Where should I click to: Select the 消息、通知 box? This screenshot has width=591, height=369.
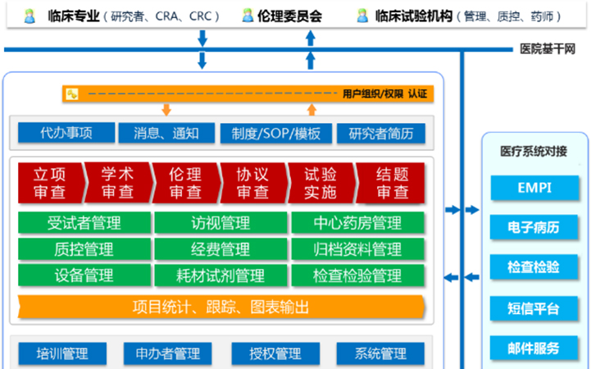(x=166, y=133)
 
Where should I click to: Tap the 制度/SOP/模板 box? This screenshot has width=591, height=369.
(x=275, y=133)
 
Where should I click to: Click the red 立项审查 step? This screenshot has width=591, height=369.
(x=50, y=183)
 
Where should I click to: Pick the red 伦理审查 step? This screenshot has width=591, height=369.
(x=184, y=183)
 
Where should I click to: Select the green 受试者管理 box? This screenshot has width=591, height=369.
(x=84, y=223)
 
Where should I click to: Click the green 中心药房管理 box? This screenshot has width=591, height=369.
(x=357, y=223)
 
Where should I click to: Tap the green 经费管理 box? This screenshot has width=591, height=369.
(x=220, y=249)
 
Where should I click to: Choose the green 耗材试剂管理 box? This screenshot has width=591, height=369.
(x=220, y=276)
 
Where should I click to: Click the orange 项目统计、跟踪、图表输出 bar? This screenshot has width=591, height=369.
(x=220, y=307)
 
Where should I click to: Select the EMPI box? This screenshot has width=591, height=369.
(x=534, y=188)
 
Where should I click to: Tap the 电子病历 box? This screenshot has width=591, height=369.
(x=534, y=228)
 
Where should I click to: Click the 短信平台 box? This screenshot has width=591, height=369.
(x=534, y=308)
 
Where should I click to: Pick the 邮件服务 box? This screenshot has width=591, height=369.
(x=534, y=348)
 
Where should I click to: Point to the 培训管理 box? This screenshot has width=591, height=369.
(x=62, y=354)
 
